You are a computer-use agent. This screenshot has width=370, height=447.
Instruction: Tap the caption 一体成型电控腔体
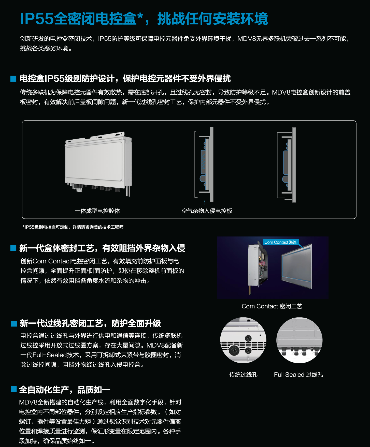pyautogui.click(x=97, y=211)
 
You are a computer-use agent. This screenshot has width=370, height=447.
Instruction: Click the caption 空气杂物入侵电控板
pyautogui.click(x=207, y=211)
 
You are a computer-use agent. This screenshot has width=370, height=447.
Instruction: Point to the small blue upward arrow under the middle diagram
pyautogui.click(x=205, y=202)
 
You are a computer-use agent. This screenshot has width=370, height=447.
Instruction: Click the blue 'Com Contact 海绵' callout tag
pyautogui.click(x=280, y=242)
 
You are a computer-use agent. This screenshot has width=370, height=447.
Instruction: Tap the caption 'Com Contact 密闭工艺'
pyautogui.click(x=272, y=306)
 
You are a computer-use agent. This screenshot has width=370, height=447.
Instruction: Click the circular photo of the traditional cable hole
pyautogui.click(x=243, y=340)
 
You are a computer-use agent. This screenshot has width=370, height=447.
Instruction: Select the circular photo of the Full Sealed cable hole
pyautogui.click(x=299, y=340)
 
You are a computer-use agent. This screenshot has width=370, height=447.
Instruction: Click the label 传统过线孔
pyautogui.click(x=243, y=375)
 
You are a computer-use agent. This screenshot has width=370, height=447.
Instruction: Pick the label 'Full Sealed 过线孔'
pyautogui.click(x=298, y=375)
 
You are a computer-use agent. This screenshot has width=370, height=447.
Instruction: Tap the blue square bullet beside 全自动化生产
pyautogui.click(x=14, y=389)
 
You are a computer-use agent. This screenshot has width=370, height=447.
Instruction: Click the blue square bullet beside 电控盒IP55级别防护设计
pyautogui.click(x=13, y=79)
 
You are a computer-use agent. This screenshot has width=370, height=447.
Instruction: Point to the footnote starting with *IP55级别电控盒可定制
pyautogui.click(x=73, y=227)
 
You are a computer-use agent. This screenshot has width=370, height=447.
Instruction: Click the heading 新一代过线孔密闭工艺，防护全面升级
pyautogui.click(x=90, y=323)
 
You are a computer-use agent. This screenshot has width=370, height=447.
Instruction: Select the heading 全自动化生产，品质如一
pyautogui.click(x=65, y=390)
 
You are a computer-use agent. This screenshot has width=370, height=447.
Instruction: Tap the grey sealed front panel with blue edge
pyautogui.click(x=296, y=266)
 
